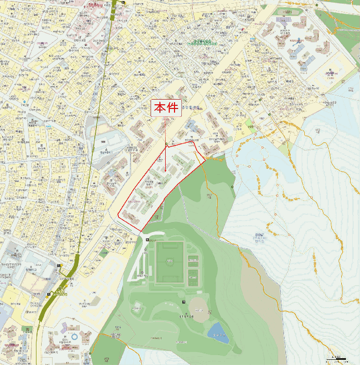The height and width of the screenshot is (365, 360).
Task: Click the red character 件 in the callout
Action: [172, 108]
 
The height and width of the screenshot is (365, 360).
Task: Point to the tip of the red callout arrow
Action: [166, 172]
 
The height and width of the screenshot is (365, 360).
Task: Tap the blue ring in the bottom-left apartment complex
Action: [74, 337]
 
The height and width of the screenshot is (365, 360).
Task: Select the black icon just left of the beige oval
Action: [183, 303]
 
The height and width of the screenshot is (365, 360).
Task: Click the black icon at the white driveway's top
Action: [148, 239]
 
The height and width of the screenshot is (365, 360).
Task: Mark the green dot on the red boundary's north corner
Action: [166, 144]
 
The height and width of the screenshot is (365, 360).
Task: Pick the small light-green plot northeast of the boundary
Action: [249, 125]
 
